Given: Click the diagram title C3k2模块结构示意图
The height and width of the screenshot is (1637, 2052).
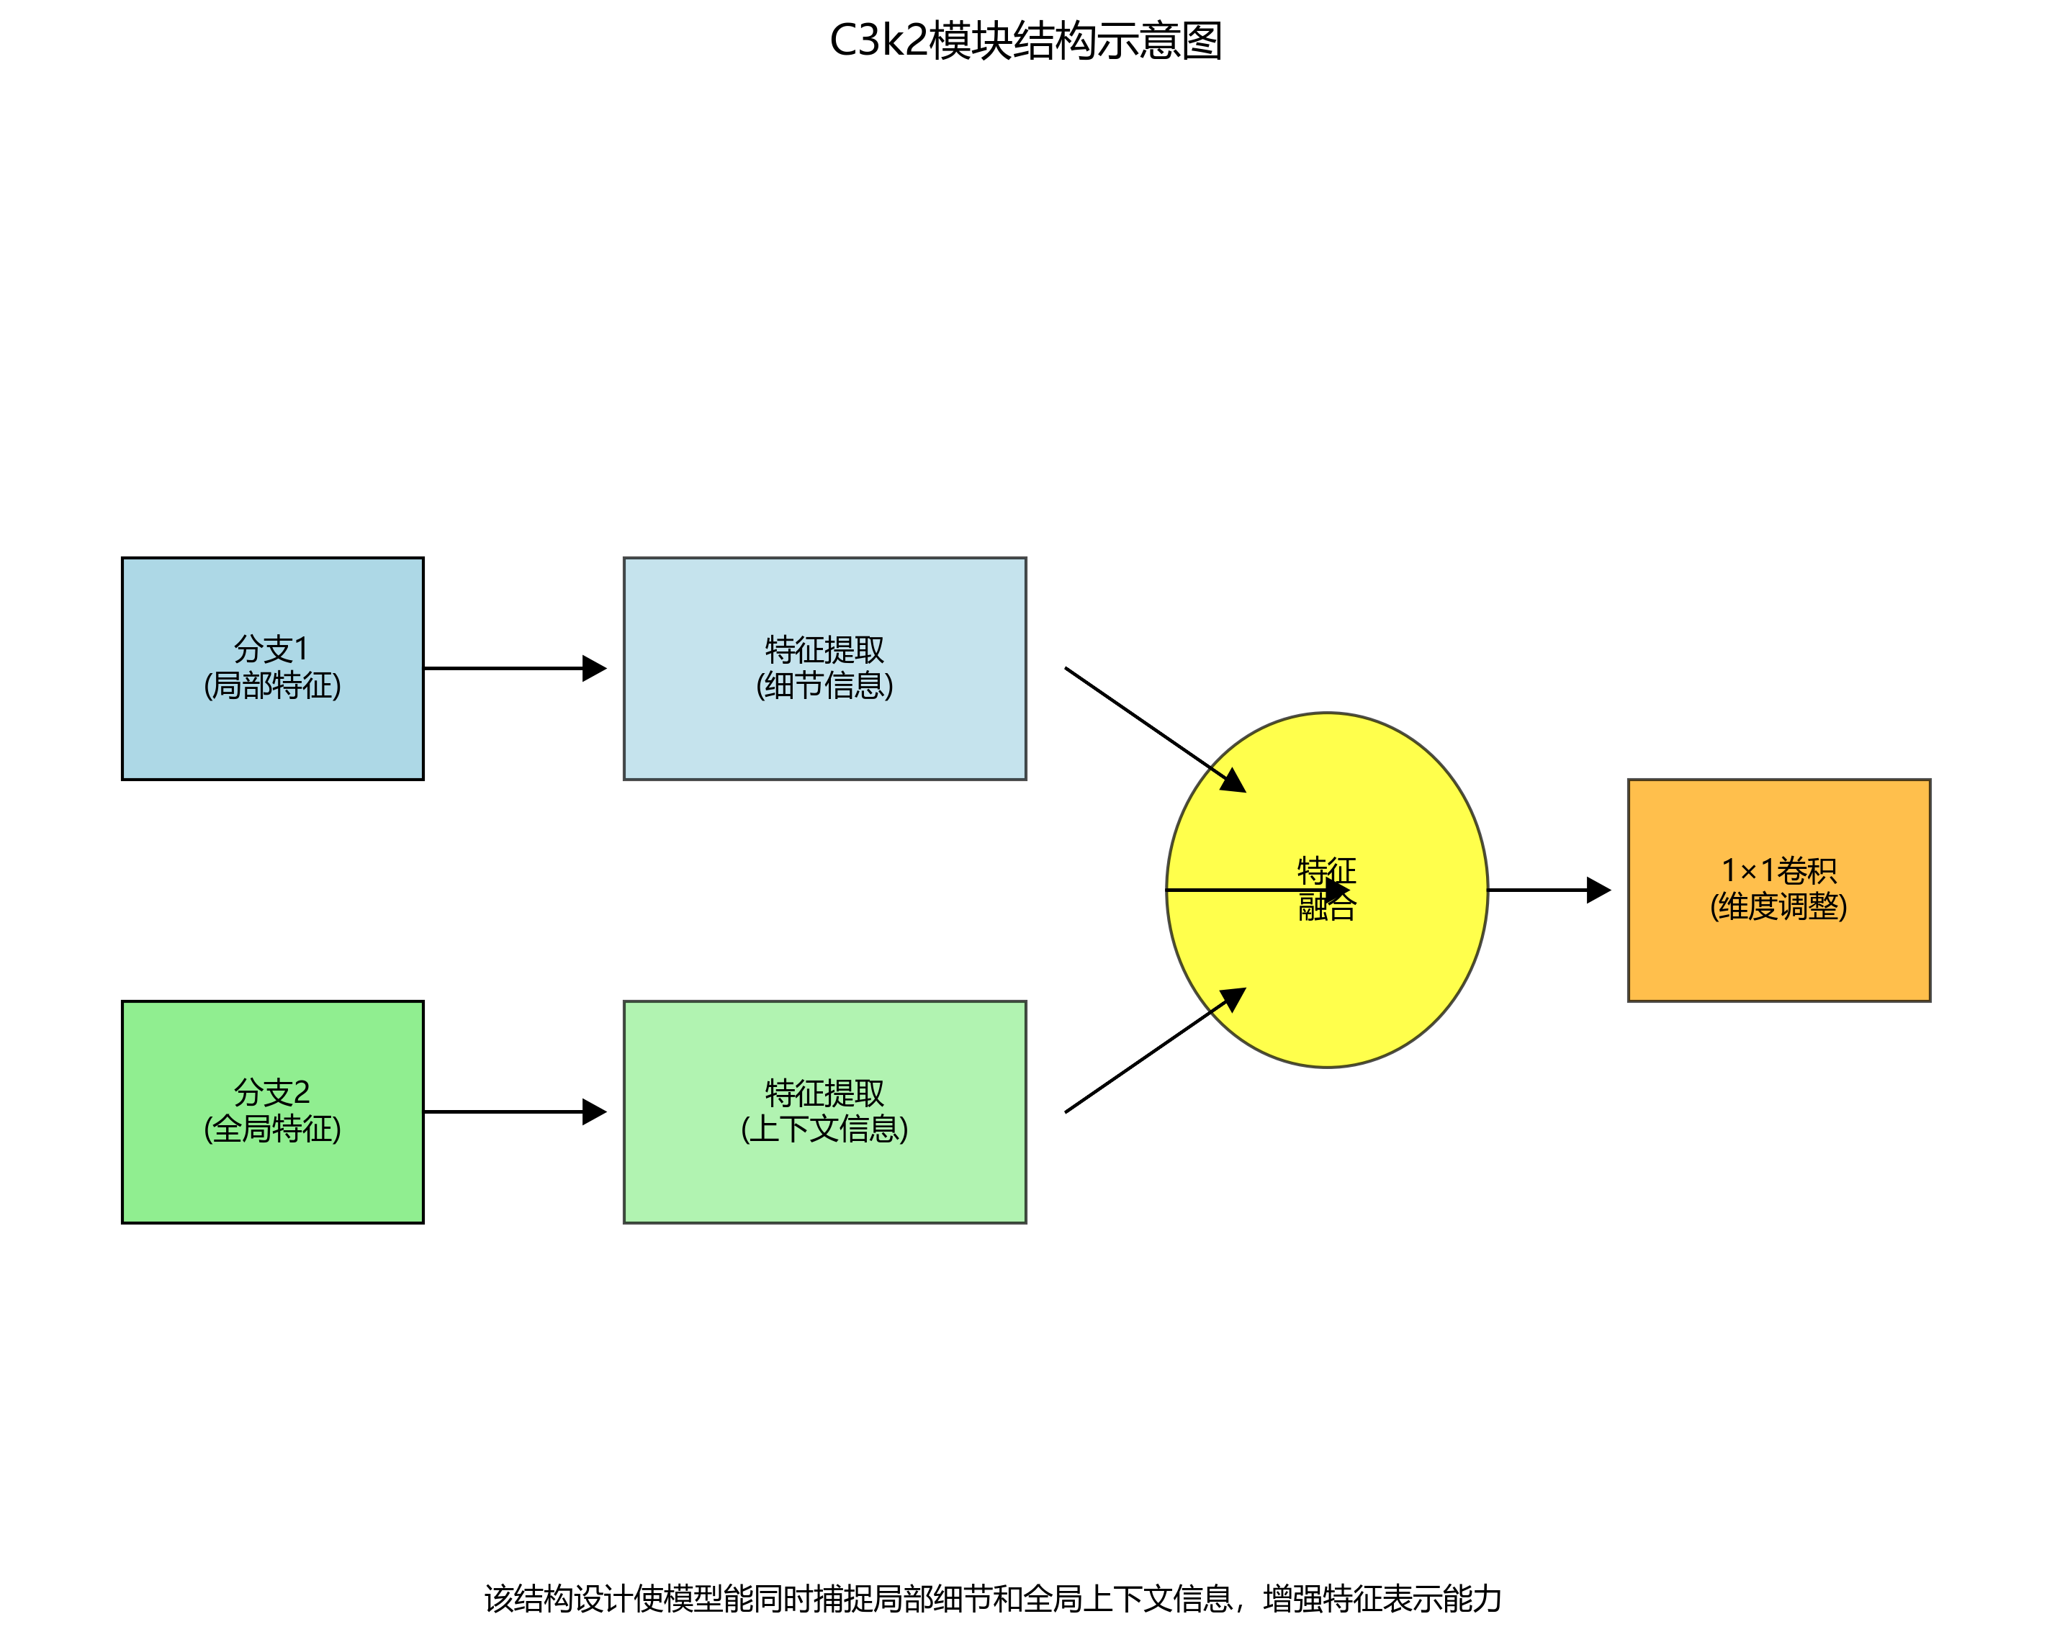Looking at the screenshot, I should pos(1025,42).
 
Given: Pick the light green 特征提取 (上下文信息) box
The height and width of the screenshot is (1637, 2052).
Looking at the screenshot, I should pos(824,1180).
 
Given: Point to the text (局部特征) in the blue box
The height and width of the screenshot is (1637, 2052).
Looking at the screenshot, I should pos(272,685).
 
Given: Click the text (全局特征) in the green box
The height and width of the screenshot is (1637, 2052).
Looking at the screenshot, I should pos(272,1129).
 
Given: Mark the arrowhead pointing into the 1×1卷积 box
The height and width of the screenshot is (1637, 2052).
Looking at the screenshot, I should pos(1599,890).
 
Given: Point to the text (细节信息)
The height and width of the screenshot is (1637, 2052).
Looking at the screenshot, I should pos(824,685).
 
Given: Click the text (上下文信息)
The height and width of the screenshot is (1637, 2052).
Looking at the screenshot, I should pos(824,1129).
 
